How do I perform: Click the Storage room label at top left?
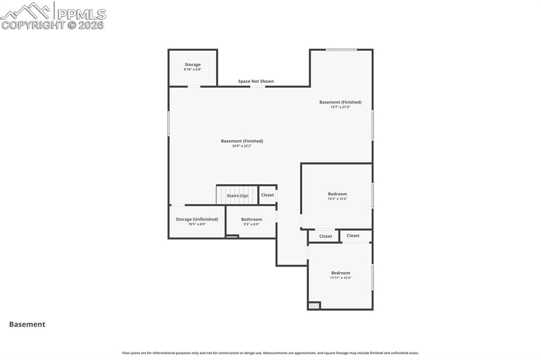pos(192,64)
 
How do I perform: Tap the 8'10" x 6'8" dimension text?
pos(192,70)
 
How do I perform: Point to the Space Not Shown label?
pos(256,81)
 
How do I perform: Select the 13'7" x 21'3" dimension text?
pos(340,107)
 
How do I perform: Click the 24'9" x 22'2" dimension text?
pos(241,146)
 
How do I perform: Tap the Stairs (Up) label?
pos(237,196)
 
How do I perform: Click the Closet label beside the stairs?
pos(267,195)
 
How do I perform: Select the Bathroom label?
pos(251,220)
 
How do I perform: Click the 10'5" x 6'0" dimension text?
pos(197,224)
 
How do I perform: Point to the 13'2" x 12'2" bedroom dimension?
pos(337,199)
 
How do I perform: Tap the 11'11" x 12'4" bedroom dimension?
pos(340,278)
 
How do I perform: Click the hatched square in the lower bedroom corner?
pos(314,306)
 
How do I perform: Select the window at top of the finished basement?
pos(341,50)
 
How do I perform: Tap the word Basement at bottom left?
pos(27,325)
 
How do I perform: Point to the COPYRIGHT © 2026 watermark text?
pos(53,25)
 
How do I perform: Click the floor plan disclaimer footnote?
pos(270,353)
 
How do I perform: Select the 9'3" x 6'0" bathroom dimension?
pos(251,224)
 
